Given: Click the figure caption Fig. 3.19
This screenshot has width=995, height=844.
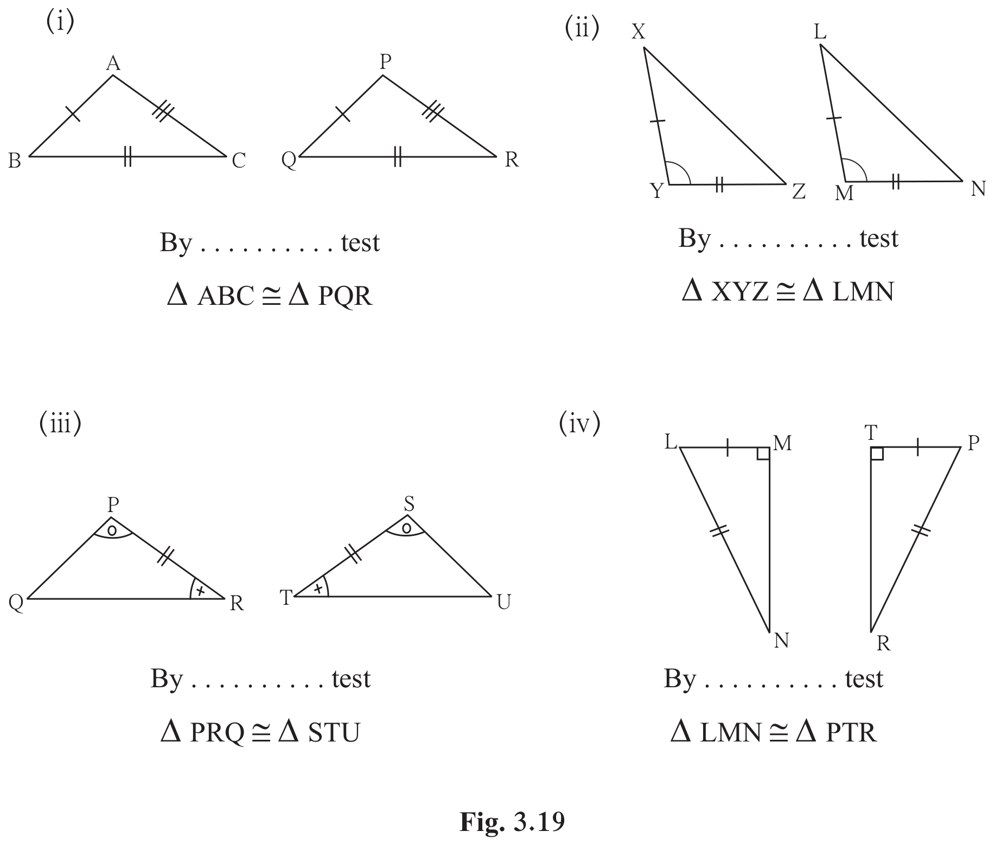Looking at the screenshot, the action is click(512, 822).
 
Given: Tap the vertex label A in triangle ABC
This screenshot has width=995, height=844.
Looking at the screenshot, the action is click(113, 64).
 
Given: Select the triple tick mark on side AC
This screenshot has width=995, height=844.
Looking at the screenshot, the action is click(163, 112).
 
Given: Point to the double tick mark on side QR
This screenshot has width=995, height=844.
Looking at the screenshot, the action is click(398, 156).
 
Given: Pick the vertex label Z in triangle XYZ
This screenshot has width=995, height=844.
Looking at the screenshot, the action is click(799, 191).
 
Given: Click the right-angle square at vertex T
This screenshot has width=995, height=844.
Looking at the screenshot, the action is click(877, 453).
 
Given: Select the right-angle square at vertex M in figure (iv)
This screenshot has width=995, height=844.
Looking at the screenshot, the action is click(763, 453).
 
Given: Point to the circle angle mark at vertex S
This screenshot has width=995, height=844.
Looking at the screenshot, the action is click(406, 528).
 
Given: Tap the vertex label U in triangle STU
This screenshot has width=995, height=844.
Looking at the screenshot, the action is click(503, 602).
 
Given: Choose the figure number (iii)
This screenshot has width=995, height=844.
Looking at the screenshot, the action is click(60, 423).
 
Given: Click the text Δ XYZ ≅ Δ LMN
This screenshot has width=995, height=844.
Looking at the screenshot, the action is click(788, 292).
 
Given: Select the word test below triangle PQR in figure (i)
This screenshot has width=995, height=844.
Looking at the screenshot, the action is click(360, 242).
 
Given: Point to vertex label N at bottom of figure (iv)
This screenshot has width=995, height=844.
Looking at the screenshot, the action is click(781, 641).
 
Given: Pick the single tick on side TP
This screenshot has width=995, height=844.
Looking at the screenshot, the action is click(917, 447).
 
